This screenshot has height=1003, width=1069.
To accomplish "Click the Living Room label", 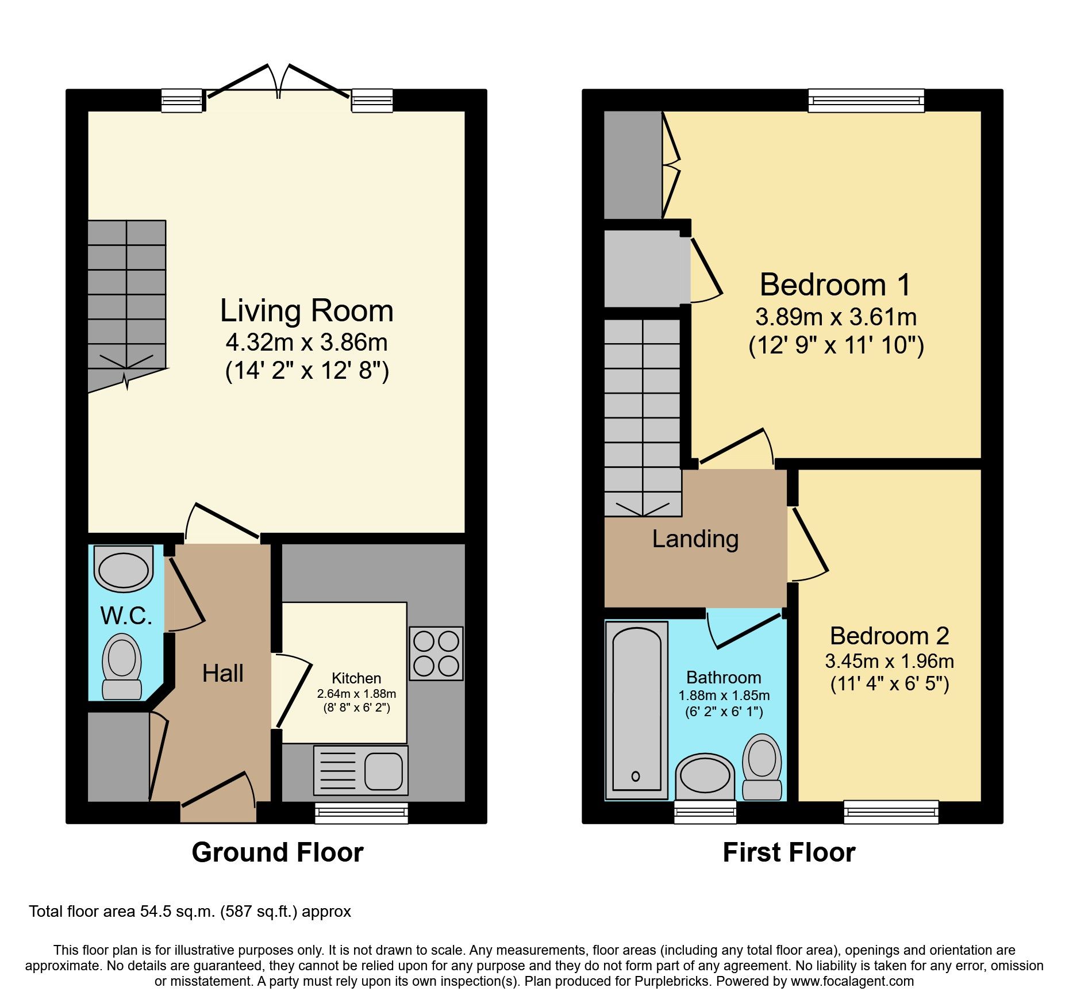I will pos(306,311).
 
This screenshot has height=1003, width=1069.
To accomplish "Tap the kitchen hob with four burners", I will pos(436,654).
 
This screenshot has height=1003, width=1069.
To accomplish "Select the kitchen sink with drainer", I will pos(361,770).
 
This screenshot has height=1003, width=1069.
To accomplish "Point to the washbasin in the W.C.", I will pos(124,569).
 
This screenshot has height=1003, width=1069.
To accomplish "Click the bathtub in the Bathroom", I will pos(636,710).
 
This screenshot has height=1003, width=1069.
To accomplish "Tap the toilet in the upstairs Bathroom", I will pos(762,767).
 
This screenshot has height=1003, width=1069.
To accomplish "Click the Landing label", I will pos(695,539).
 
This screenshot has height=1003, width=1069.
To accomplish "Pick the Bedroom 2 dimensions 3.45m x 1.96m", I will pos(889,662).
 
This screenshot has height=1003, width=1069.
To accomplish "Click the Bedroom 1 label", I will pos(835,285).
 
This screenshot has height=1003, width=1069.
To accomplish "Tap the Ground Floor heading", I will pos(278,852).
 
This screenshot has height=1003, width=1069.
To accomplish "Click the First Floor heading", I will pos(789,852).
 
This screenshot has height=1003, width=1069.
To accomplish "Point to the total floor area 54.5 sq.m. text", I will pos(190,912).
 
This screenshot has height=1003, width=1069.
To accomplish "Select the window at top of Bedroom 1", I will pos(866,101).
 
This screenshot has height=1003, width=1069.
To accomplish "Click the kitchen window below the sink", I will pos(361,813).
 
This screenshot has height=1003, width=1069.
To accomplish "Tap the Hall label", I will pos(222,673).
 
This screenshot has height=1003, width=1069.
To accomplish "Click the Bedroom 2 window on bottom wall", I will pos(891,812).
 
